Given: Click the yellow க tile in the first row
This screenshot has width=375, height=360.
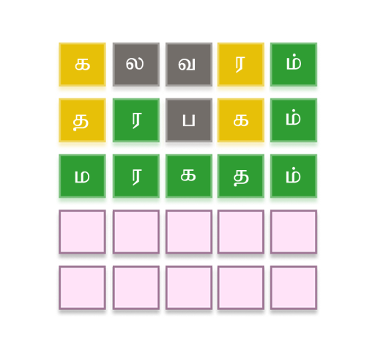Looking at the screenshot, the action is pyautogui.click(x=82, y=65).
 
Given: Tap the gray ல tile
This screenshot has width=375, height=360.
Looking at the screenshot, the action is pyautogui.click(x=136, y=65).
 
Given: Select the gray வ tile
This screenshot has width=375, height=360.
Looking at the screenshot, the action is pyautogui.click(x=189, y=65).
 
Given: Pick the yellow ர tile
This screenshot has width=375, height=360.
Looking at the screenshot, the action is pyautogui.click(x=241, y=65).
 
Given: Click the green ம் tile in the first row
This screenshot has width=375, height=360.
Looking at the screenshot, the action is pyautogui.click(x=294, y=65).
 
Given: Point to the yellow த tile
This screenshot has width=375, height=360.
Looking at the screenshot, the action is pyautogui.click(x=82, y=120).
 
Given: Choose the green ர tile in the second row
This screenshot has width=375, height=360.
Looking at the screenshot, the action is pyautogui.click(x=136, y=120).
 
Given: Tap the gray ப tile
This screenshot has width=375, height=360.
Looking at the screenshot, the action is pyautogui.click(x=189, y=120).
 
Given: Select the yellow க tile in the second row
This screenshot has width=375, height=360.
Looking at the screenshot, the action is pyautogui.click(x=241, y=120).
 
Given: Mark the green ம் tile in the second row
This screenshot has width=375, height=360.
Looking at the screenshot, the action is pyautogui.click(x=294, y=120).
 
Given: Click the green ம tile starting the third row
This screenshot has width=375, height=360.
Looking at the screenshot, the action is pyautogui.click(x=82, y=176).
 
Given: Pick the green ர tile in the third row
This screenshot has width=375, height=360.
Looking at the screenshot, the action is pyautogui.click(x=136, y=176).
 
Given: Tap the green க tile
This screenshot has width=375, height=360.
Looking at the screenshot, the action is pyautogui.click(x=189, y=176).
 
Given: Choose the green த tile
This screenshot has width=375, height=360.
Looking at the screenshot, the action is pyautogui.click(x=241, y=176).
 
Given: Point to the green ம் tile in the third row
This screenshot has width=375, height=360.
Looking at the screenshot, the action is pyautogui.click(x=294, y=176).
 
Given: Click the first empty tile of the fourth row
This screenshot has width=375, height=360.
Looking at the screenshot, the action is pyautogui.click(x=82, y=232).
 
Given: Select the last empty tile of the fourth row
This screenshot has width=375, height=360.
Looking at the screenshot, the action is pyautogui.click(x=294, y=232).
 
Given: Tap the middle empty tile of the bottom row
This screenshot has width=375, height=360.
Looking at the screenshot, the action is pyautogui.click(x=189, y=287).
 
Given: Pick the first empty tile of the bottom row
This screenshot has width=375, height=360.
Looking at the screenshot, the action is pyautogui.click(x=82, y=287).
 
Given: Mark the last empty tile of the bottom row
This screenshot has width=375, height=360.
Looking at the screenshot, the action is pyautogui.click(x=294, y=287).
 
